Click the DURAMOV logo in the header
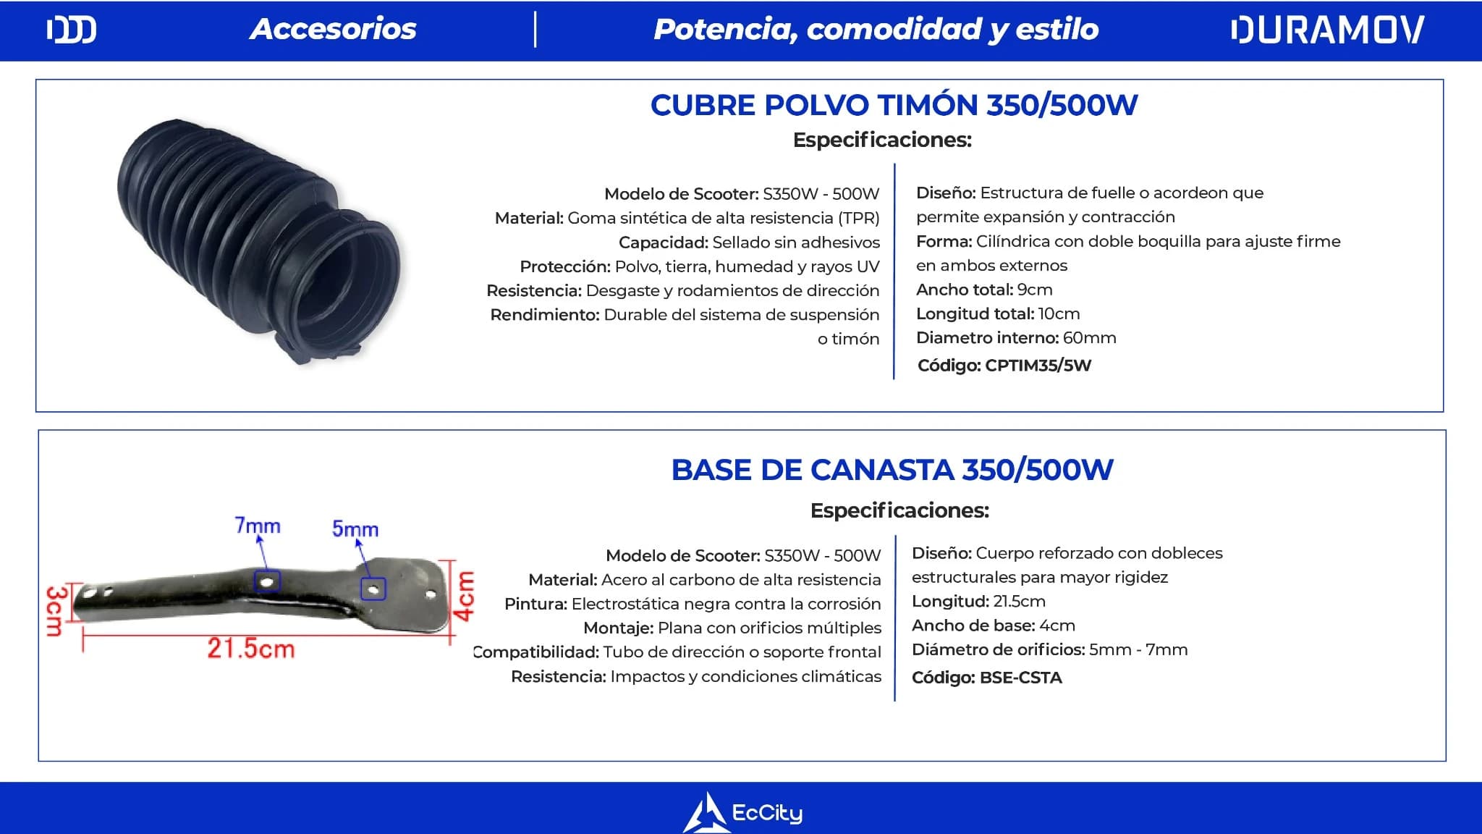click(x=1327, y=30)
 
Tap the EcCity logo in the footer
click(x=742, y=812)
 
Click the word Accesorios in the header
click(x=333, y=29)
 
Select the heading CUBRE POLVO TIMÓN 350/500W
click(x=894, y=105)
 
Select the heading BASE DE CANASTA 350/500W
click(x=892, y=470)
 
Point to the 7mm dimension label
click(x=258, y=525)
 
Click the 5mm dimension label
click(x=355, y=529)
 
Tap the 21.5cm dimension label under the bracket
click(x=251, y=648)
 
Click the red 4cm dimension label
click(x=464, y=596)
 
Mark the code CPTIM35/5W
click(x=1038, y=366)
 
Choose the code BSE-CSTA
click(x=1021, y=678)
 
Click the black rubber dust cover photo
click(x=258, y=242)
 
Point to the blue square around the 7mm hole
click(x=266, y=581)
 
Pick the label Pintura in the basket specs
click(x=535, y=604)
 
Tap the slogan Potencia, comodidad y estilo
click(x=876, y=30)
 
